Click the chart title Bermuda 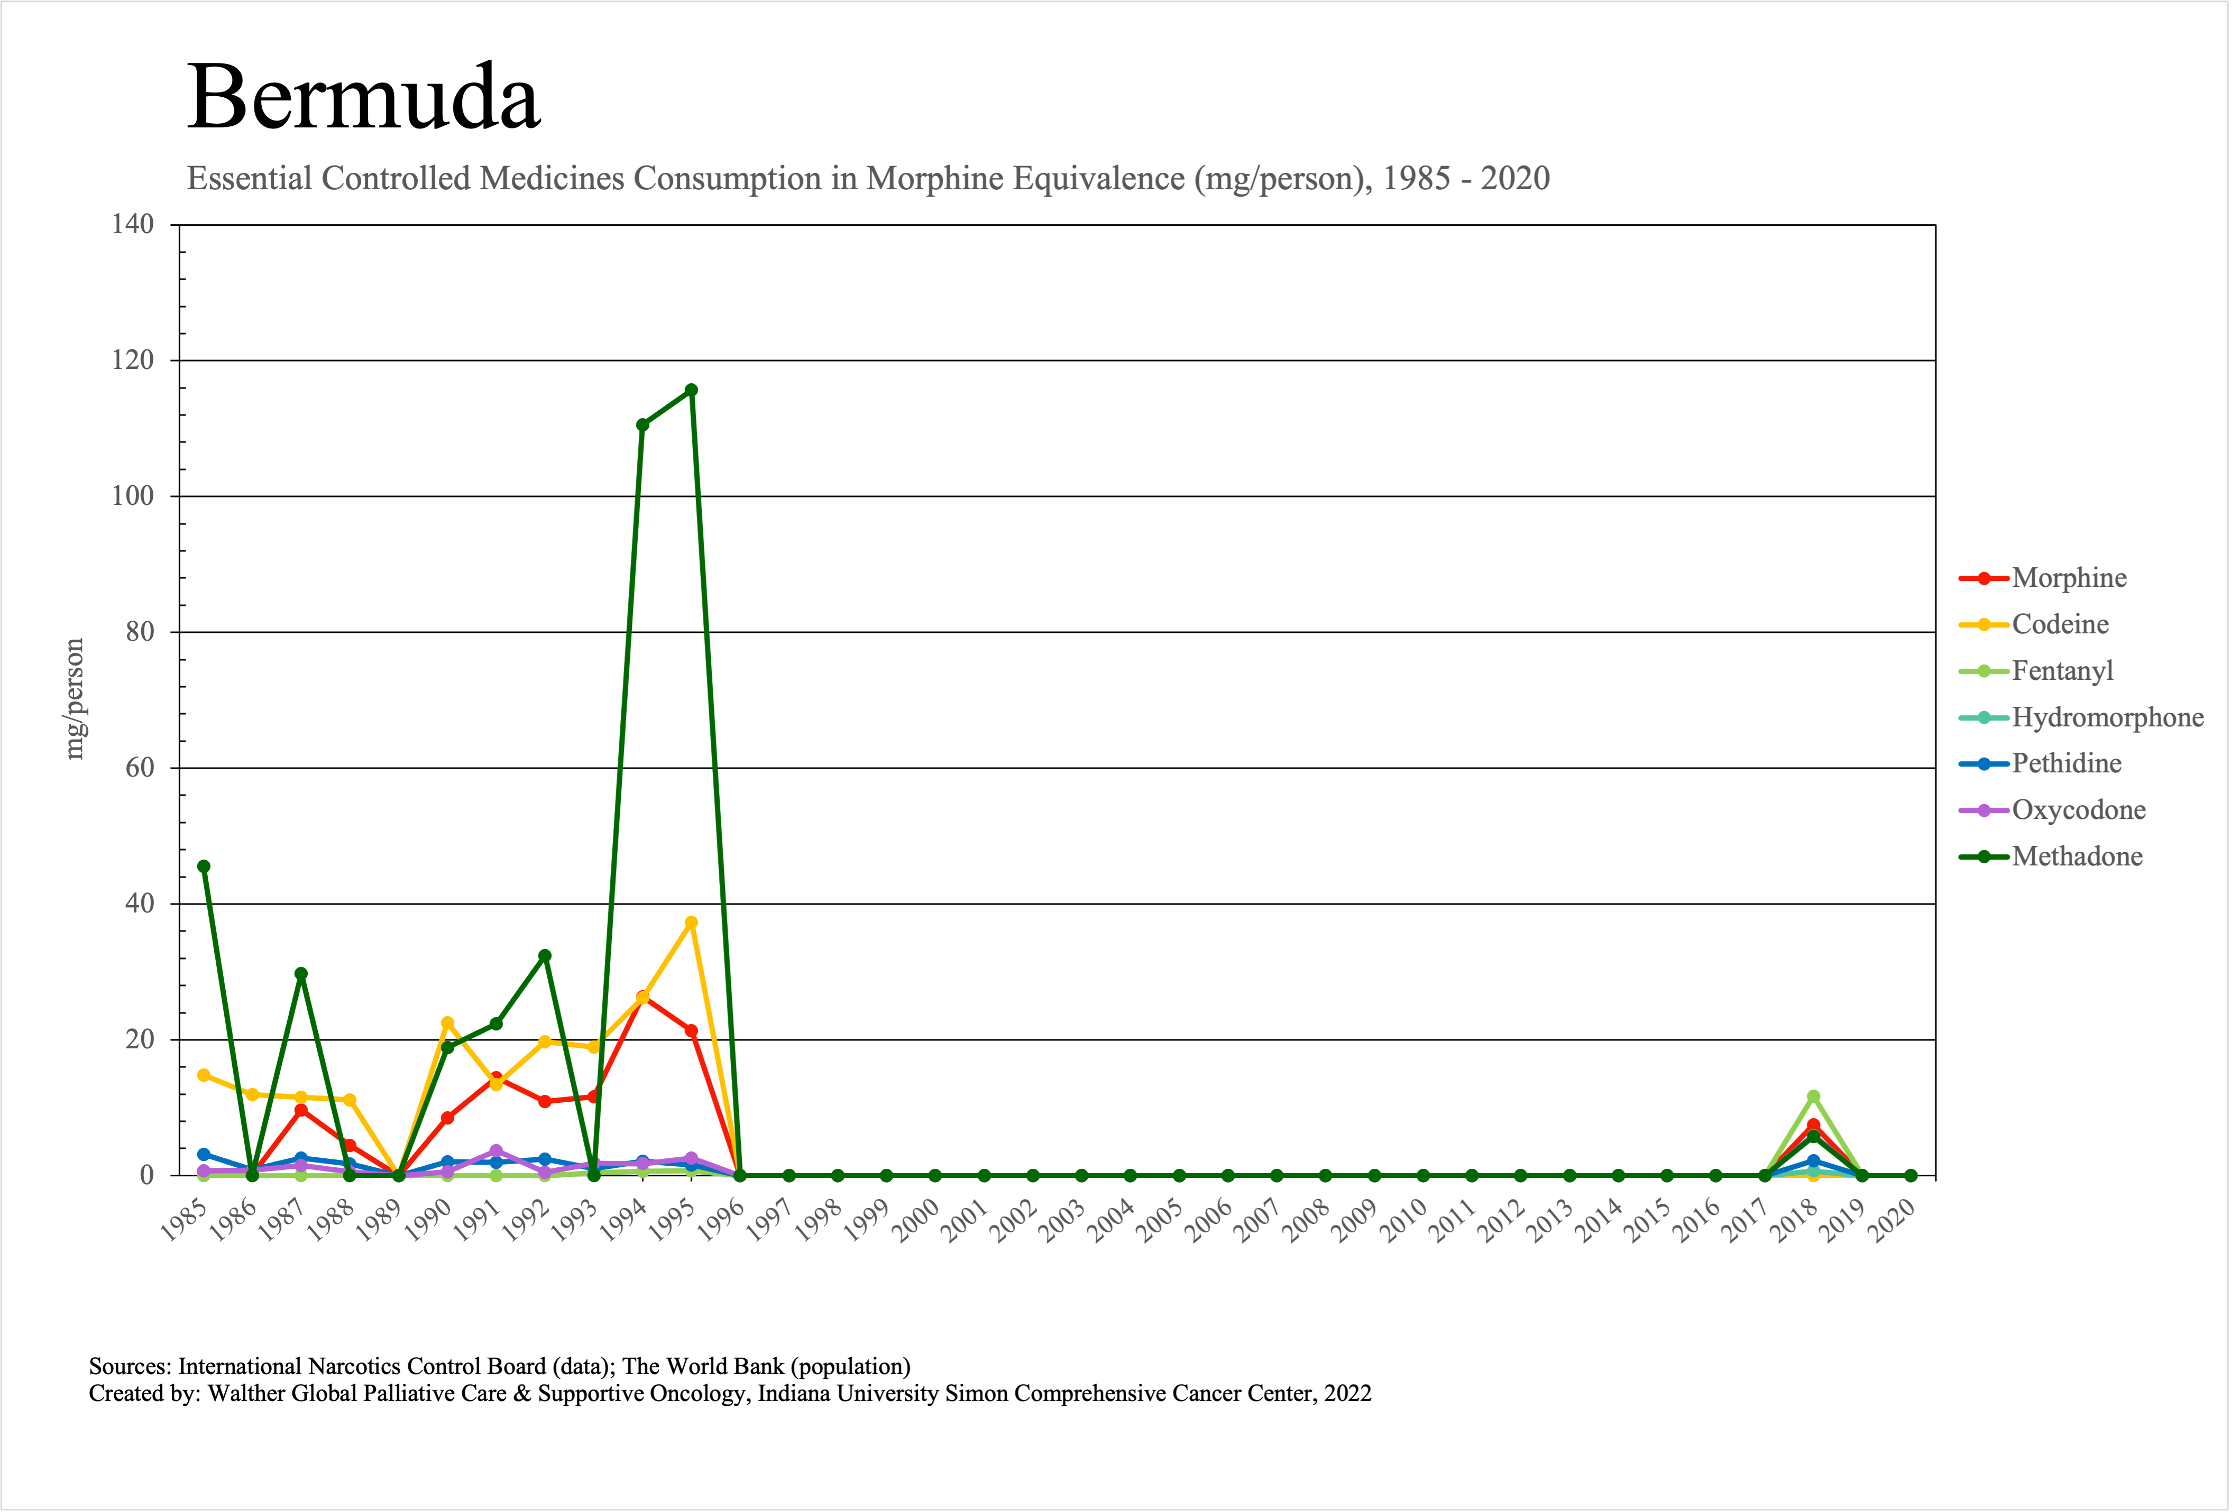pos(363,97)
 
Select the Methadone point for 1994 pos(642,425)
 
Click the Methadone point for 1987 pos(300,973)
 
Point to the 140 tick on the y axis pos(133,225)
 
